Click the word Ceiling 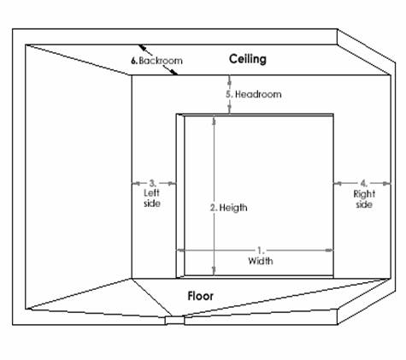(248, 59)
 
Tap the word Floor (200, 296)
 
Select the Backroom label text (161, 61)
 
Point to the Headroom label (258, 94)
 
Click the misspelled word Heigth (233, 208)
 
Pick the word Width (261, 261)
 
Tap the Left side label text (152, 198)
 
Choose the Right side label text (364, 199)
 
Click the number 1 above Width (260, 251)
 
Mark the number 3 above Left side (152, 183)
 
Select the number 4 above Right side (364, 183)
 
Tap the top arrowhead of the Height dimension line (214, 120)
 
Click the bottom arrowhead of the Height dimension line (214, 271)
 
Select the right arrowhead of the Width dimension (329, 251)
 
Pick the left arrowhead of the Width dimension (180, 251)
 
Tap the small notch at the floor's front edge (174, 321)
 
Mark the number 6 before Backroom (134, 61)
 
